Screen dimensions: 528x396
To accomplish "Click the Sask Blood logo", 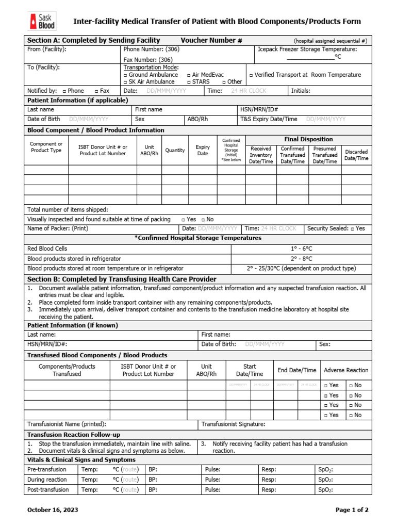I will pyautogui.click(x=42, y=21).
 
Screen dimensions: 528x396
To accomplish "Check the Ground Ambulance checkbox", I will pyautogui.click(x=126, y=75).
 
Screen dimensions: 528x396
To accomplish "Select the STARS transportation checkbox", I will pyautogui.click(x=189, y=81).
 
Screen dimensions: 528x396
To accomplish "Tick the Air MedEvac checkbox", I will pyautogui.click(x=189, y=75).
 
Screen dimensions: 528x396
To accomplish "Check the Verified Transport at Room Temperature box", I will pyautogui.click(x=251, y=75).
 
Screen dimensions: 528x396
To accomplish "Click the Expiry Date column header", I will pyautogui.click(x=203, y=150).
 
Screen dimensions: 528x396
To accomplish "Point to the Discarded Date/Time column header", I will pyautogui.click(x=356, y=155).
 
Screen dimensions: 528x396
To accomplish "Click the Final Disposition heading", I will pyautogui.click(x=308, y=139).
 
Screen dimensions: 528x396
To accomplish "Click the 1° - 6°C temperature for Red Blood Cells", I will pyautogui.click(x=301, y=249).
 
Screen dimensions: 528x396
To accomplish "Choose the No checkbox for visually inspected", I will pyautogui.click(x=203, y=219).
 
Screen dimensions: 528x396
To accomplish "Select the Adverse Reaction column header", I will pyautogui.click(x=345, y=370).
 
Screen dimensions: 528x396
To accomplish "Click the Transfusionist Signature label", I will pyautogui.click(x=233, y=424).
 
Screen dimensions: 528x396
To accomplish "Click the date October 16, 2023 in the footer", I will pyautogui.click(x=53, y=510).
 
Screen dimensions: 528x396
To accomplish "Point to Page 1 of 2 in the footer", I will pyautogui.click(x=352, y=510).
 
